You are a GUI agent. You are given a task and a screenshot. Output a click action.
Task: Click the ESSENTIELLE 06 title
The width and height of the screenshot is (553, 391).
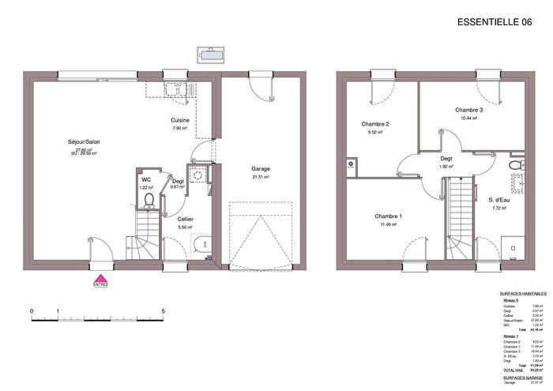tap(495, 22)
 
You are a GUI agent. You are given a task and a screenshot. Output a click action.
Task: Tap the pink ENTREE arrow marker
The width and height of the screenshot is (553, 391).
tap(100, 280)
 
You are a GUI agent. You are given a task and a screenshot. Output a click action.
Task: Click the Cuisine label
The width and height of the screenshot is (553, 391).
tap(179, 120)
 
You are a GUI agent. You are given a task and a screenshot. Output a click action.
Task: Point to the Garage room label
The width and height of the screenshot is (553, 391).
tap(260, 169)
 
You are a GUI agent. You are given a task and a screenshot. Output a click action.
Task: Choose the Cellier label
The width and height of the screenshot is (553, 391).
tap(186, 219)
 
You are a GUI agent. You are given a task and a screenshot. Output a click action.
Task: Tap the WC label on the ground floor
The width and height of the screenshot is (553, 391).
tap(145, 179)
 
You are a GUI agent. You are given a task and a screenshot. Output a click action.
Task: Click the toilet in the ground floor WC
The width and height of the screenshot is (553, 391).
tap(147, 198)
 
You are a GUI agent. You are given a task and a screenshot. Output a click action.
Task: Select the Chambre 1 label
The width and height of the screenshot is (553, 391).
tap(388, 216)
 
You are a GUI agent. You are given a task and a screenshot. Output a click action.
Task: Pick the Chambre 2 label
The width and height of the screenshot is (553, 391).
tap(375, 124)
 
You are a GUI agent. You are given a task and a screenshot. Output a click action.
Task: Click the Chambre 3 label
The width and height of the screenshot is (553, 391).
tap(468, 110)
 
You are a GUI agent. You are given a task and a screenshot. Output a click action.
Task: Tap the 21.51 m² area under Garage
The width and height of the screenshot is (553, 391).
tap(260, 178)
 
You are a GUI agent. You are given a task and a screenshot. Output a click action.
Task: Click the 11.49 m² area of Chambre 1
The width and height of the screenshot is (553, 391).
tap(388, 225)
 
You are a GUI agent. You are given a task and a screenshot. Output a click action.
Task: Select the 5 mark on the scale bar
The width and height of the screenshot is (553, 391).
tap(163, 311)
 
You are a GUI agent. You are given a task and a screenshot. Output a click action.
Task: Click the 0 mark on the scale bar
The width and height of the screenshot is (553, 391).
tap(32, 311)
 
